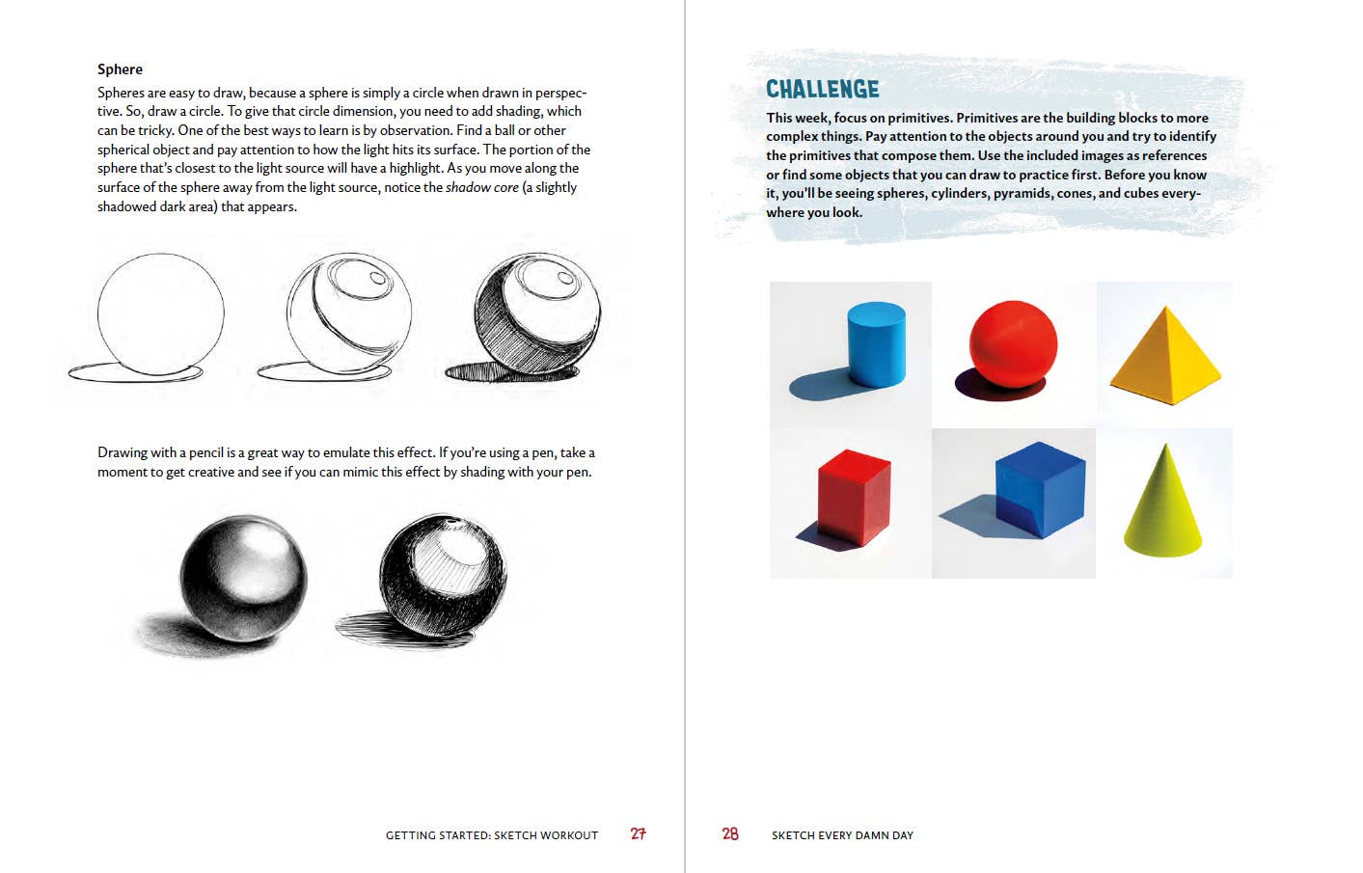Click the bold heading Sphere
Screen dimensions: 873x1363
(120, 69)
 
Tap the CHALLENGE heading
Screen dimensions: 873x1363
(822, 90)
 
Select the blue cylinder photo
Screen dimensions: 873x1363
(876, 343)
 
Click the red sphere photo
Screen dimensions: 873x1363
(1013, 343)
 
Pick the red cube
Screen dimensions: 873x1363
(853, 498)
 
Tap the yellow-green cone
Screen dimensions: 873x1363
(1163, 504)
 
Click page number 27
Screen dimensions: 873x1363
(638, 834)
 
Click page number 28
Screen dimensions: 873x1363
(730, 834)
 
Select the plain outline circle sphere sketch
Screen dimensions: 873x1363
(161, 312)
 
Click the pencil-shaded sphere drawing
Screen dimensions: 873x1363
(243, 578)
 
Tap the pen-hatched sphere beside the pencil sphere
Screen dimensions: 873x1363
(443, 575)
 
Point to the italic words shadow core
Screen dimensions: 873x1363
(481, 187)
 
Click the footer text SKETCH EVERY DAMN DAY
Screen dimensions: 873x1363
(842, 835)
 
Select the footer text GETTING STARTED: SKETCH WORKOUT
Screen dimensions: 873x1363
(492, 835)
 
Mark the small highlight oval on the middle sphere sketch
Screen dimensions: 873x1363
(377, 279)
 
